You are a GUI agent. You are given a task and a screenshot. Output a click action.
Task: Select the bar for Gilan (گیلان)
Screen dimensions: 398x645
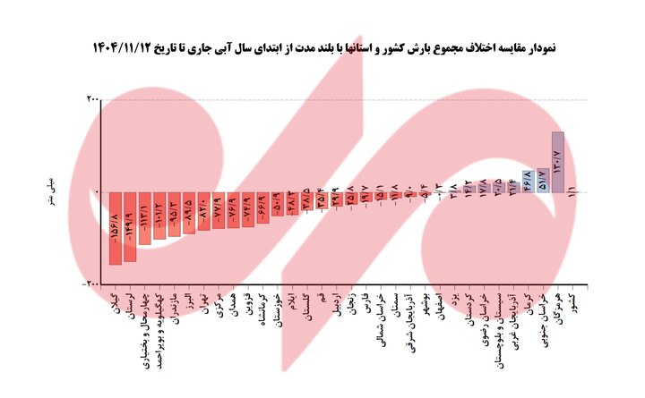click(115, 227)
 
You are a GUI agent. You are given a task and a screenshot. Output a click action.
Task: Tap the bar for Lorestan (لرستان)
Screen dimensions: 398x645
click(130, 225)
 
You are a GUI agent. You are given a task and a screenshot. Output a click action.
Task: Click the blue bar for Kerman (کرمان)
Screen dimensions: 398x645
click(528, 182)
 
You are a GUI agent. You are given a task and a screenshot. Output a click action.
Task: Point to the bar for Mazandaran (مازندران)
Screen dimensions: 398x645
click(175, 214)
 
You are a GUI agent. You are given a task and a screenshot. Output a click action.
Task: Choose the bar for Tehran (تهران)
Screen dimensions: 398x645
click(204, 210)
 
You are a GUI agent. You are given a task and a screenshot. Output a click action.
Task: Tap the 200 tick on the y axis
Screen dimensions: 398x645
click(92, 99)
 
